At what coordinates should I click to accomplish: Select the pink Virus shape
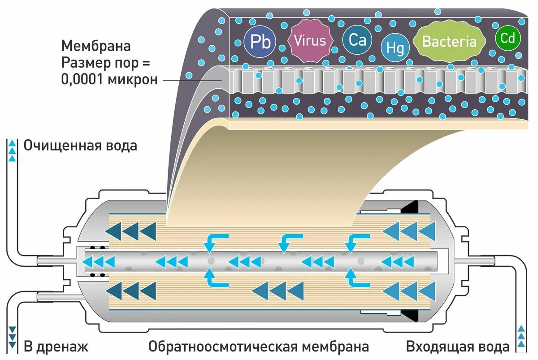point(310,41)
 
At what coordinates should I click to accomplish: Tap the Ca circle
point(357,41)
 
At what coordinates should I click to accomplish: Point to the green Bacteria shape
point(449,42)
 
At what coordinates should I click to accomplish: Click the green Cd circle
point(508,39)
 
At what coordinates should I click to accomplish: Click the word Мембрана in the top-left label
point(96,46)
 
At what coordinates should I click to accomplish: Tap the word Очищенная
point(61,146)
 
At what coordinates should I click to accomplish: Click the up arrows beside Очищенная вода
point(13,151)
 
